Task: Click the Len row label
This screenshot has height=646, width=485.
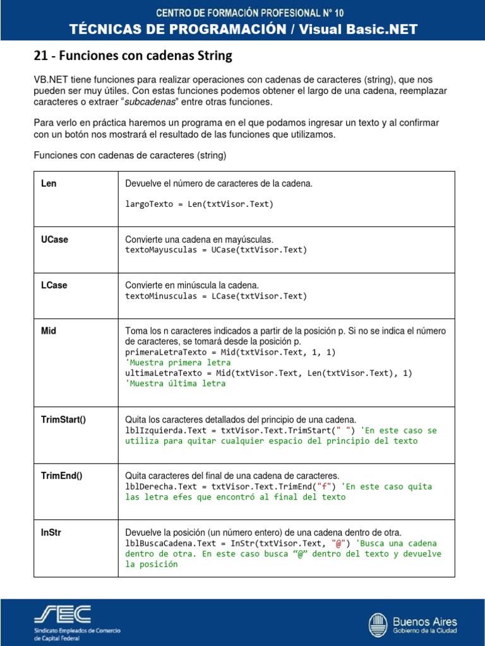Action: coord(49,184)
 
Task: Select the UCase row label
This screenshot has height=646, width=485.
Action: coord(54,240)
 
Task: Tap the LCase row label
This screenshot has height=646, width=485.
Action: coord(54,285)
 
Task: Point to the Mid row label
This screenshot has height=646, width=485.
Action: coord(49,331)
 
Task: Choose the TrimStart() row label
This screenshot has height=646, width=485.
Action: coord(63,420)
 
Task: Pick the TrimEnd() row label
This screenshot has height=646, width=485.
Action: coord(61,475)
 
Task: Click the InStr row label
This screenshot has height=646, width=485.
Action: coord(51,532)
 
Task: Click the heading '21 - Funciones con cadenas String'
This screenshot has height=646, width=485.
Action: coord(133,56)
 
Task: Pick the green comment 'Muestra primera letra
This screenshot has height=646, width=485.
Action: coord(178,363)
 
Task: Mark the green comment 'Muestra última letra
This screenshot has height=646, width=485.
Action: coord(176,383)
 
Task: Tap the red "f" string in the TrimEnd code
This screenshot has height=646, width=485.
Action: coord(326,486)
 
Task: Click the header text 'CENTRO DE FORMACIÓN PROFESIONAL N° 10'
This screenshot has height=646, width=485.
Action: coord(242,12)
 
